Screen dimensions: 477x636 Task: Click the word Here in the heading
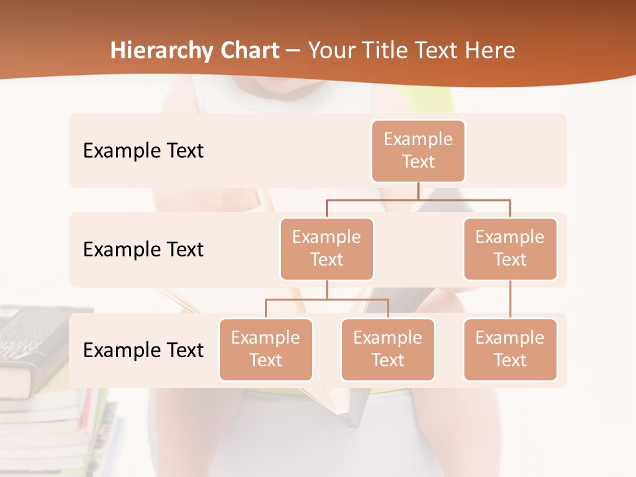[x=491, y=51]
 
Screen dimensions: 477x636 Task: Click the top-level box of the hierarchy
[x=418, y=150]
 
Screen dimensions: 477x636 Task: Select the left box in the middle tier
[x=327, y=248]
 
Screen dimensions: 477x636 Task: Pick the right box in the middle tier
[x=510, y=248]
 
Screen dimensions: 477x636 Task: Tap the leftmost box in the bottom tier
[x=266, y=349]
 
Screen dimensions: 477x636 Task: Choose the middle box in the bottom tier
[x=388, y=349]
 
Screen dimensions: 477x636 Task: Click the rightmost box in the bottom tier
[x=510, y=349]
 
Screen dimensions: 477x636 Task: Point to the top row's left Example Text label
[x=143, y=151]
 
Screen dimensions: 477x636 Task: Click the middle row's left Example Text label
[x=143, y=250]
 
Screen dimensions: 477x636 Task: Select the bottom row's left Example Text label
[x=143, y=350]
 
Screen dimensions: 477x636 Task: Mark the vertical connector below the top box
[x=418, y=191]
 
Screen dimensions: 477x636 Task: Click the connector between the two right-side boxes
[x=510, y=299]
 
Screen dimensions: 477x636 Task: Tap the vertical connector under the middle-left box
[x=327, y=290]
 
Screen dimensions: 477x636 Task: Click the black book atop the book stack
[x=40, y=331]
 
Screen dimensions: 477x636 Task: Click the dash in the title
[x=293, y=52]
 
